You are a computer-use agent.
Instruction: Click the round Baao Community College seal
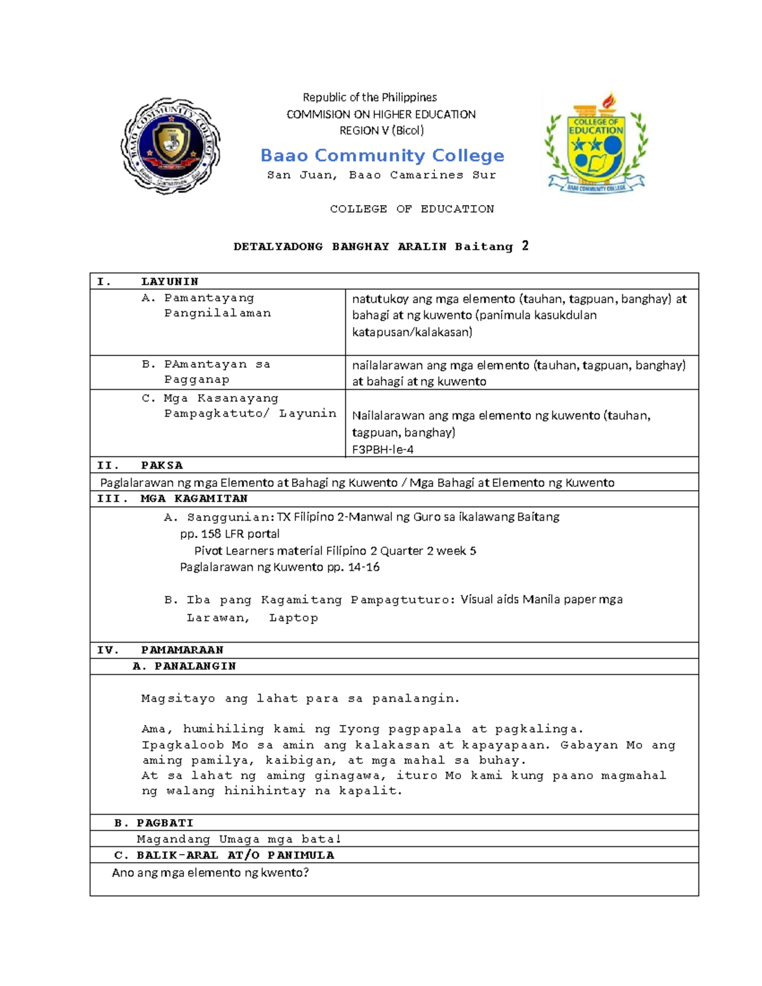pyautogui.click(x=170, y=145)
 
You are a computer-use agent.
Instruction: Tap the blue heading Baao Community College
pyautogui.click(x=382, y=156)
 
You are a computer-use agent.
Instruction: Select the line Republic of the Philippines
pyautogui.click(x=370, y=97)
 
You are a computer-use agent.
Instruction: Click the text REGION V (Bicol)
pyautogui.click(x=382, y=131)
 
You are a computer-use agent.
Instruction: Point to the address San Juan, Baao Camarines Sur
pyautogui.click(x=381, y=175)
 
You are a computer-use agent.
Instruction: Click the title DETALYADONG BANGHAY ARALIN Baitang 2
pyautogui.click(x=381, y=246)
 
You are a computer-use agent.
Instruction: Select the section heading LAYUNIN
pyautogui.click(x=170, y=281)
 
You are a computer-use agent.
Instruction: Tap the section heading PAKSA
pyautogui.click(x=162, y=465)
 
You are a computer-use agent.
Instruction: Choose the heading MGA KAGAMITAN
pyautogui.click(x=194, y=498)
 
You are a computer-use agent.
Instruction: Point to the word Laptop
pyautogui.click(x=293, y=618)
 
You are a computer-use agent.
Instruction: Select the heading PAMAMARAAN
pyautogui.click(x=182, y=650)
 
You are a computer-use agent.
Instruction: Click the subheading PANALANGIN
pyautogui.click(x=195, y=666)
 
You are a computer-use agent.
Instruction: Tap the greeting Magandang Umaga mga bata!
pyautogui.click(x=239, y=839)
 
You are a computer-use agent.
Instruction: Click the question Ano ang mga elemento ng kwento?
pyautogui.click(x=210, y=873)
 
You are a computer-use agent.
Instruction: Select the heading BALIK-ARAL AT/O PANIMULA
pyautogui.click(x=235, y=855)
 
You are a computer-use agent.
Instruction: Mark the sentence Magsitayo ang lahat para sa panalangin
pyautogui.click(x=300, y=698)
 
